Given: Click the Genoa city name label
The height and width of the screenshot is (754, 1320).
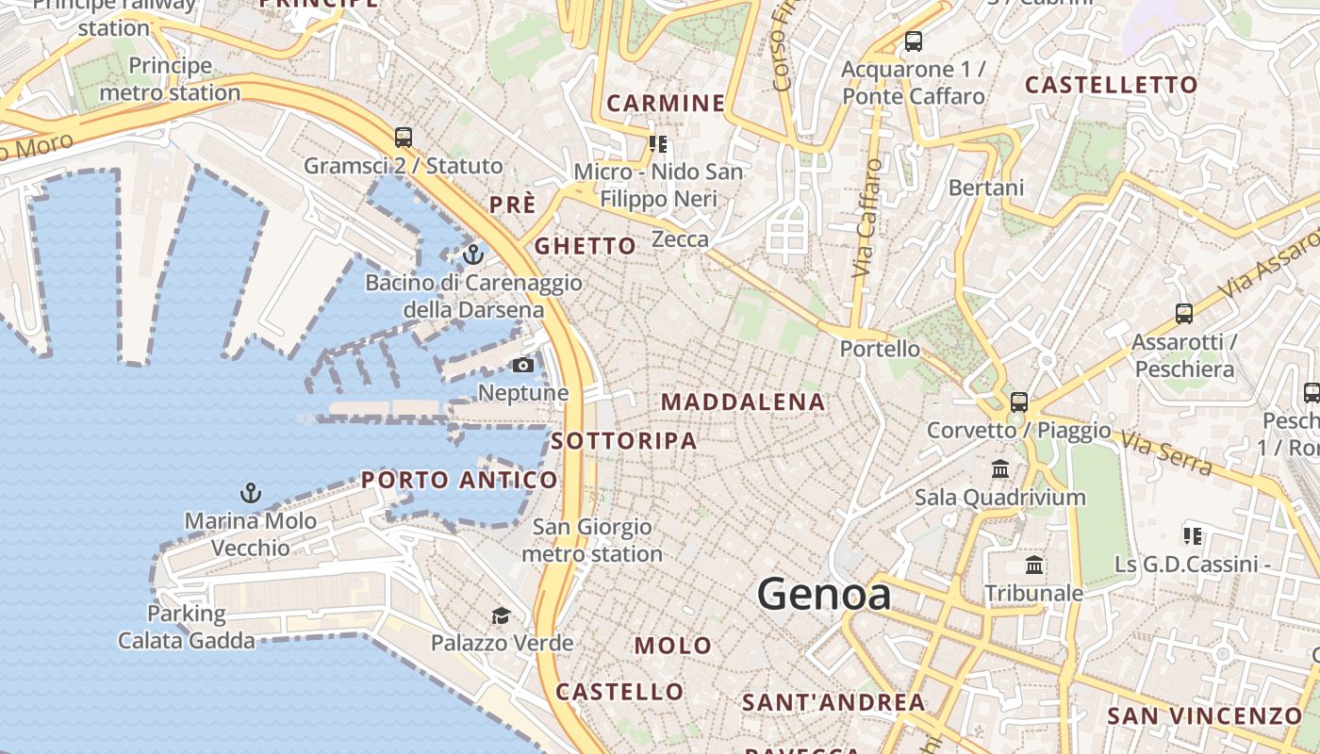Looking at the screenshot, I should tap(823, 594).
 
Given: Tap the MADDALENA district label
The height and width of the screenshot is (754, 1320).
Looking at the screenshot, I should tap(743, 402).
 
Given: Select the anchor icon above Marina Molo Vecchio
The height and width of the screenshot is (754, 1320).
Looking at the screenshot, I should tap(250, 492).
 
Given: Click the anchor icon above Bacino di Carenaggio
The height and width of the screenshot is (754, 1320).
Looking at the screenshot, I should tap(472, 254).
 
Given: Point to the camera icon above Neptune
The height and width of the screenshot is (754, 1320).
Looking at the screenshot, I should tap(523, 365).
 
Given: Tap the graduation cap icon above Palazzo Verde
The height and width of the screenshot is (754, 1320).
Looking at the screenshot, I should tap(501, 615).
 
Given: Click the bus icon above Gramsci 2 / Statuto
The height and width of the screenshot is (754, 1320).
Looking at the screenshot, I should tap(404, 137).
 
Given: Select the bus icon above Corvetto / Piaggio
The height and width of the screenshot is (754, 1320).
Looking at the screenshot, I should tap(1018, 402).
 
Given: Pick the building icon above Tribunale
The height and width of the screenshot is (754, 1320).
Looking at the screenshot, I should tap(1034, 565).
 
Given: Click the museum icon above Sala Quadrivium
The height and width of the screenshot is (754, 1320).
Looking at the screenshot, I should tap(1000, 468).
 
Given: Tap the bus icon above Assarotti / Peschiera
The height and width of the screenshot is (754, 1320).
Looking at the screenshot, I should tap(1184, 313).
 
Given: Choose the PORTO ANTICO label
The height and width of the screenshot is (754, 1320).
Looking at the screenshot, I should tap(459, 480).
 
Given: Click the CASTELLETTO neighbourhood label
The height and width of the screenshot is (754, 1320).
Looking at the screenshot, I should tap(1111, 85).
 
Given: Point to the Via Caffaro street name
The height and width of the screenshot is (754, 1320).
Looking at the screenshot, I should tap(866, 218).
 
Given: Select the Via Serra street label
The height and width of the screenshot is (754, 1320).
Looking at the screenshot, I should tap(1166, 452).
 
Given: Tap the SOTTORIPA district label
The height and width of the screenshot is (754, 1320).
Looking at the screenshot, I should tap(624, 441).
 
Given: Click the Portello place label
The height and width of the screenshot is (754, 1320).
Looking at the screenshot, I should tap(880, 349).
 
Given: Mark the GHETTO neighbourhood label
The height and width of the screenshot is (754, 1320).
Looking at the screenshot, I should tap(586, 246).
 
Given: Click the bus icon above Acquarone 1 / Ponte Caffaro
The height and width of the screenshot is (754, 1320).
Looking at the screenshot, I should tap(913, 41).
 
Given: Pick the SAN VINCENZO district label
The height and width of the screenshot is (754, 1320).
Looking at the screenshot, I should tap(1204, 715).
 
